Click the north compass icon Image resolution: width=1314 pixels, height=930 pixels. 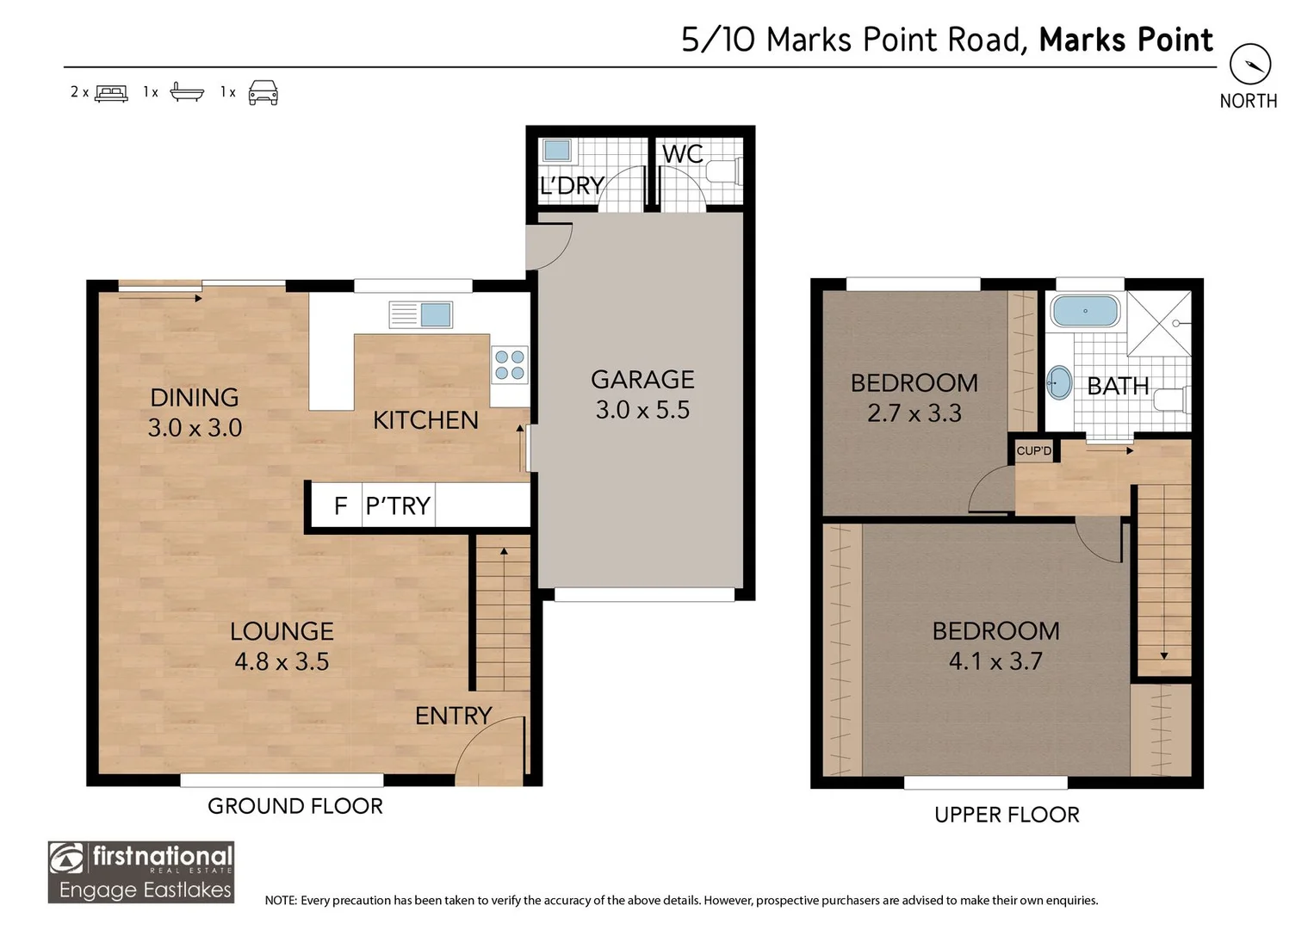[x=1249, y=65]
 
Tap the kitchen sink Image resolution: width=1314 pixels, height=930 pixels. [x=421, y=314]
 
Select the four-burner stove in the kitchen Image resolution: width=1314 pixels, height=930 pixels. [x=509, y=365]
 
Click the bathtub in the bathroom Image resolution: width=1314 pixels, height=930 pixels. [x=1085, y=311]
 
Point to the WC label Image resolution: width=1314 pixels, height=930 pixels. [x=682, y=154]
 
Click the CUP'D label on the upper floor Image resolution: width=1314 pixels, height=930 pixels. [x=1033, y=451]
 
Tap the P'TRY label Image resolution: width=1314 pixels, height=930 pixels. [x=398, y=505]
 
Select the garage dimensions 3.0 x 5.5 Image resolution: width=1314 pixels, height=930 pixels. [x=642, y=410]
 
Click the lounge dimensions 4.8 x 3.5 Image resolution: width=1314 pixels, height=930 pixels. [x=282, y=661]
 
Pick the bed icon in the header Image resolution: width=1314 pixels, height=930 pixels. [x=111, y=93]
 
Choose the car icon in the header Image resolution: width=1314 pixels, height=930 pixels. [x=263, y=92]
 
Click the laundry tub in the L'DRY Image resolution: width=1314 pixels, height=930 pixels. [x=556, y=151]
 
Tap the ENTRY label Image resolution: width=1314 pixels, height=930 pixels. [x=453, y=716]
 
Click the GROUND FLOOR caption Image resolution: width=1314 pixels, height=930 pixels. [x=295, y=806]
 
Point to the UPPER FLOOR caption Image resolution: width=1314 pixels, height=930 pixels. [x=1007, y=815]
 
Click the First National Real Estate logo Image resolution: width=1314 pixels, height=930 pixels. [x=141, y=871]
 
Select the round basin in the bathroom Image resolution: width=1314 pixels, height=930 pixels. [x=1059, y=382]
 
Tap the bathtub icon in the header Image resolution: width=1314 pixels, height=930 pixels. [x=187, y=92]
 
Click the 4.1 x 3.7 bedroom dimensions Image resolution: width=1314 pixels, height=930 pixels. [x=995, y=661]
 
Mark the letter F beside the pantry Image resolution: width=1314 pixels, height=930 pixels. [x=340, y=505]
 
